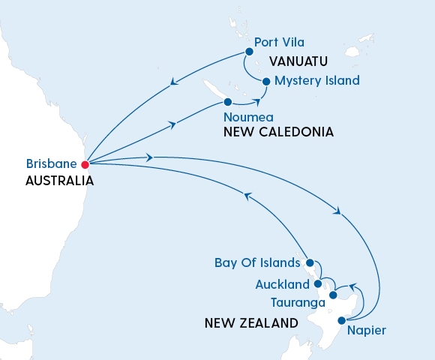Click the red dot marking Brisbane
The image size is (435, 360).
[x=85, y=164]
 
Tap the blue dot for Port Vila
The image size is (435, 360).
[x=247, y=52]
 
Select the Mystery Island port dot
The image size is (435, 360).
[x=265, y=81]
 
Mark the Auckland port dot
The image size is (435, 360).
[x=318, y=283]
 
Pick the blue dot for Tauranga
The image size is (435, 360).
[x=333, y=295]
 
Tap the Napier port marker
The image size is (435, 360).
[x=342, y=321]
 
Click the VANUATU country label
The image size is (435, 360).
[x=299, y=61]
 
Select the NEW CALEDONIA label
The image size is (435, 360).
[x=278, y=132]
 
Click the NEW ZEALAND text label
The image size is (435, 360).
[x=250, y=324]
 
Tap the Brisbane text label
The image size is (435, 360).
[x=52, y=163]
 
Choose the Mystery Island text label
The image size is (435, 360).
[x=316, y=80]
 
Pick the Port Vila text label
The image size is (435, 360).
[x=280, y=42]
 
